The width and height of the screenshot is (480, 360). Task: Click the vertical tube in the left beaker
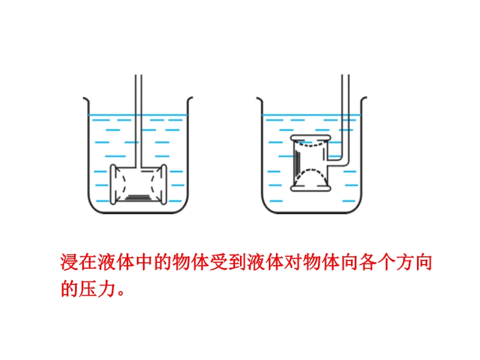coord(139,121)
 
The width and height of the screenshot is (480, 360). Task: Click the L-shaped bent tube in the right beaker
coord(346,122)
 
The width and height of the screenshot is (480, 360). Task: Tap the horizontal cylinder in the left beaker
coord(139,185)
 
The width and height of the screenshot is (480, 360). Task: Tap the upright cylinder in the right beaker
coord(310,163)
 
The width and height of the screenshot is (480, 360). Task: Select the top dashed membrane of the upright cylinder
coord(310,143)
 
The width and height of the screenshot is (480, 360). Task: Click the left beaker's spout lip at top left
coord(86,99)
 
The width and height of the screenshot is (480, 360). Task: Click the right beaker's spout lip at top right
coord(364,99)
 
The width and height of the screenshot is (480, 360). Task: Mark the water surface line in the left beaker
coord(138,115)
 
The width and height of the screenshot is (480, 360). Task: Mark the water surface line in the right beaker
coord(311,115)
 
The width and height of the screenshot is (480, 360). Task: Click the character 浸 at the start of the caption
coord(70,262)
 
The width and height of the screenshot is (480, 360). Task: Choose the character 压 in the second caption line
coord(88,289)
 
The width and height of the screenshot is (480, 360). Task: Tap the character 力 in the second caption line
coord(107,289)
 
